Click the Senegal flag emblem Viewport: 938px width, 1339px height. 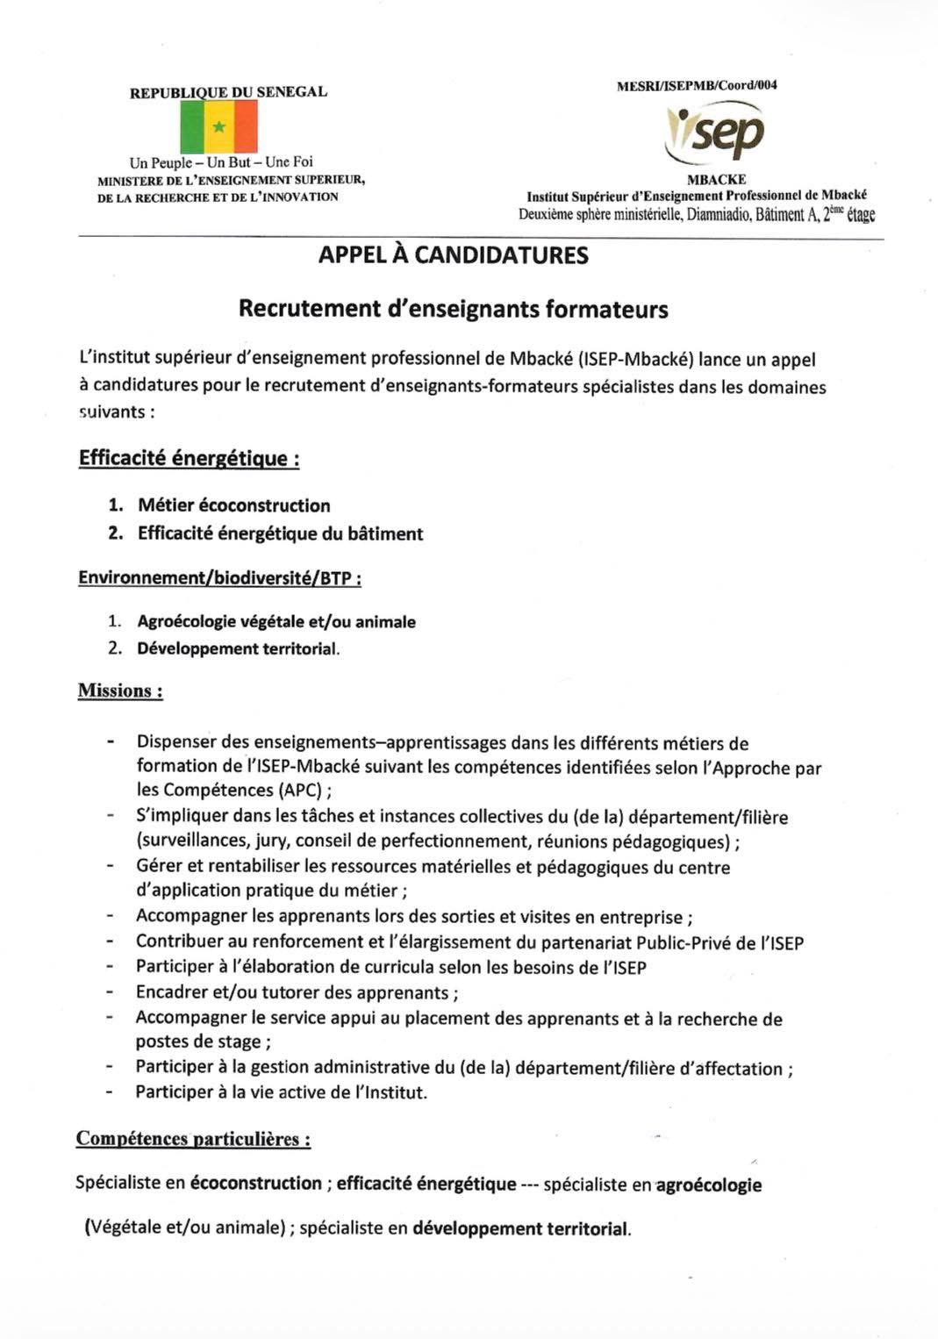pos(219,127)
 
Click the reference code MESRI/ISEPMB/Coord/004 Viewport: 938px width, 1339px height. pos(697,86)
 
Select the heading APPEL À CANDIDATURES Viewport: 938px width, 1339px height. pos(453,255)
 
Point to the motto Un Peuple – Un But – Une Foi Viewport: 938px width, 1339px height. pos(221,162)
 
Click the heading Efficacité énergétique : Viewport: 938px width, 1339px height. pos(189,458)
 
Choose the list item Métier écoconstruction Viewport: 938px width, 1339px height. pos(233,505)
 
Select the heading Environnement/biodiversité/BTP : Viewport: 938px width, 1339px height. pos(219,577)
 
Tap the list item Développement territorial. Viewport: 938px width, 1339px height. pos(238,649)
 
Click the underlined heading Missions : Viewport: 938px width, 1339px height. pos(120,691)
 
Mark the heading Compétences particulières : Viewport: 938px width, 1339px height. pos(193,1139)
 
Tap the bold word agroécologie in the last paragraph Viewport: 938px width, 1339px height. pos(709,1185)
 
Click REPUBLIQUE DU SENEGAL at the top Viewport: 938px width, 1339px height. pos(228,92)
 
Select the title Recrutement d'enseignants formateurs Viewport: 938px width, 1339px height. pos(453,309)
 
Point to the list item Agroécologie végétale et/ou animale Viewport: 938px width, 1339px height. pos(276,622)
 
